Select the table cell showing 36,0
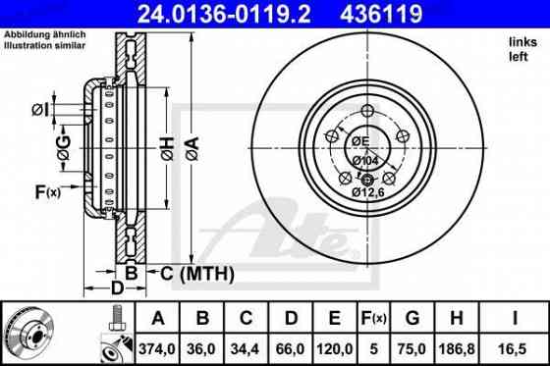(202, 345)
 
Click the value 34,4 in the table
(246, 345)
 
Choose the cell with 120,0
(334, 345)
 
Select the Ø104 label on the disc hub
(366, 159)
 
